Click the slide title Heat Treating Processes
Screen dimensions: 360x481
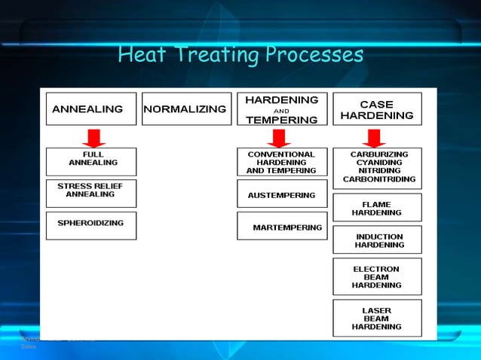[240, 55]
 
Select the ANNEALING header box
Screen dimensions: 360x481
[91, 109]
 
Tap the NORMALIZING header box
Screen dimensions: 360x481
[185, 109]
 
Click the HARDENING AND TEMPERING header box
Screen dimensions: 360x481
[281, 109]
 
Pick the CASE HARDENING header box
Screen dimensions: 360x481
[376, 109]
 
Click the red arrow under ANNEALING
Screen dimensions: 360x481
[93, 138]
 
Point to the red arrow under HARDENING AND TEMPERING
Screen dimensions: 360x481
[280, 138]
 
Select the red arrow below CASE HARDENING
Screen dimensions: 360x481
[374, 138]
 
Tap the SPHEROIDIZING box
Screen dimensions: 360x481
[91, 225]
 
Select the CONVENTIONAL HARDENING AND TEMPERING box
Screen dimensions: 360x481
[281, 162]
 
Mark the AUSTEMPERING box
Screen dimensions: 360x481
[281, 194]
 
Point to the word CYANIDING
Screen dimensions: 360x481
[377, 163]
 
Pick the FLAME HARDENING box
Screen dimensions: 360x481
[377, 207]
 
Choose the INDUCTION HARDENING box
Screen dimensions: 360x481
[377, 240]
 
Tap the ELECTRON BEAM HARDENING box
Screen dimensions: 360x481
[377, 276]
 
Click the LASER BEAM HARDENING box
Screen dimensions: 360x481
[377, 318]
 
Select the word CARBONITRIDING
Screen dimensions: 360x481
[377, 180]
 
